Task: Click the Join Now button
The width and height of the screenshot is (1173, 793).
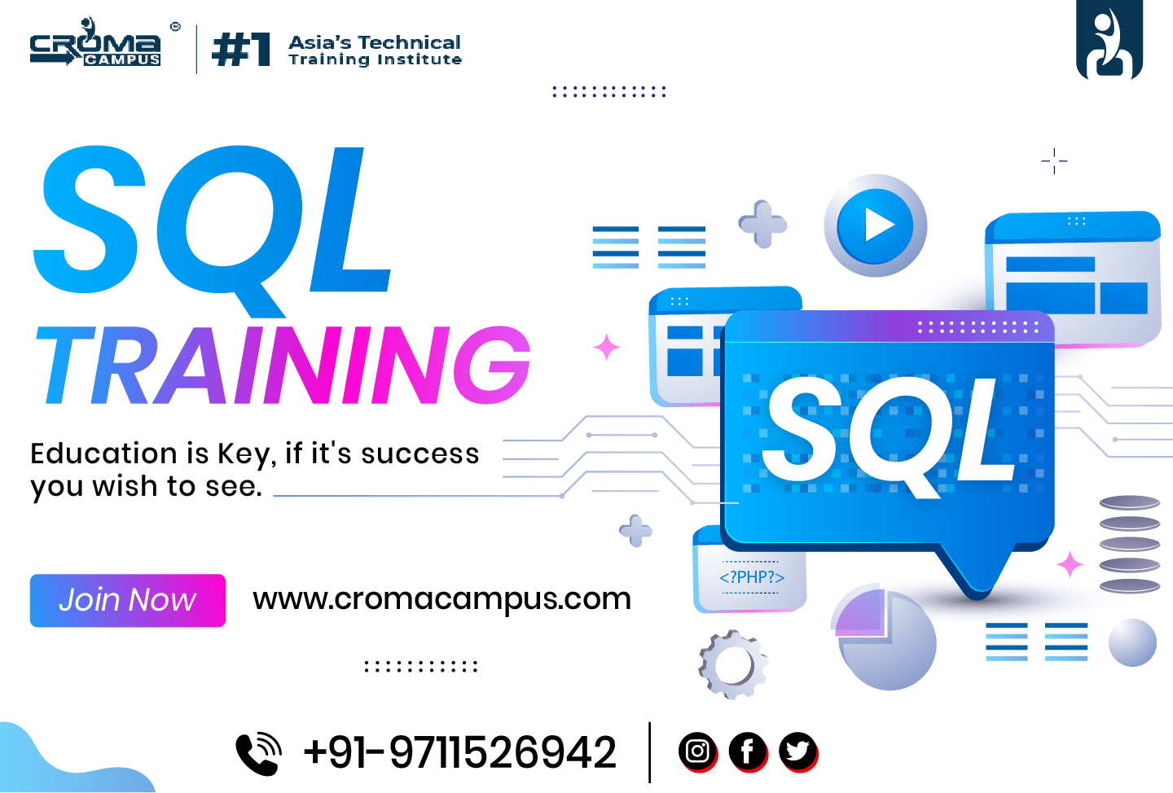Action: click(x=128, y=600)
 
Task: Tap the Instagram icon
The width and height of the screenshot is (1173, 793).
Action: click(x=697, y=751)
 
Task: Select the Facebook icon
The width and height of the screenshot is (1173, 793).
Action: click(x=748, y=751)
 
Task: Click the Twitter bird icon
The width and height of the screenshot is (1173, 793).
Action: click(x=798, y=751)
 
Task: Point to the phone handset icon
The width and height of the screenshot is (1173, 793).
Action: click(x=259, y=752)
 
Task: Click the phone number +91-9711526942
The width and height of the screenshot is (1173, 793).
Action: click(x=459, y=752)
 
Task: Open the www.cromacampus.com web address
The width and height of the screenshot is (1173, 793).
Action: click(x=442, y=598)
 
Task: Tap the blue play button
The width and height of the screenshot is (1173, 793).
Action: click(x=875, y=226)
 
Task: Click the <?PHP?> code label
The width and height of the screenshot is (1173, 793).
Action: click(x=752, y=577)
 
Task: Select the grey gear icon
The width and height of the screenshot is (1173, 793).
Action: click(x=733, y=664)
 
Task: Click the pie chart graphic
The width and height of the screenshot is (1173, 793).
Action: click(x=885, y=637)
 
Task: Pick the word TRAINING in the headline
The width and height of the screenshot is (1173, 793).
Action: click(x=283, y=365)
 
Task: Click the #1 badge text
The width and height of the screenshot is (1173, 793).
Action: click(x=241, y=49)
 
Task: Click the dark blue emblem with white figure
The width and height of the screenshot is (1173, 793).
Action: click(x=1109, y=39)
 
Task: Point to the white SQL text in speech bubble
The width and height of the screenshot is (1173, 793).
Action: click(x=888, y=435)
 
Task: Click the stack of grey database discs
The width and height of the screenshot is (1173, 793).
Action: click(x=1130, y=545)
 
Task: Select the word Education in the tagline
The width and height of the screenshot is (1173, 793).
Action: click(x=103, y=453)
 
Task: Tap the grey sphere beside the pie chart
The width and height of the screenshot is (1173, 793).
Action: click(x=1132, y=642)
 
